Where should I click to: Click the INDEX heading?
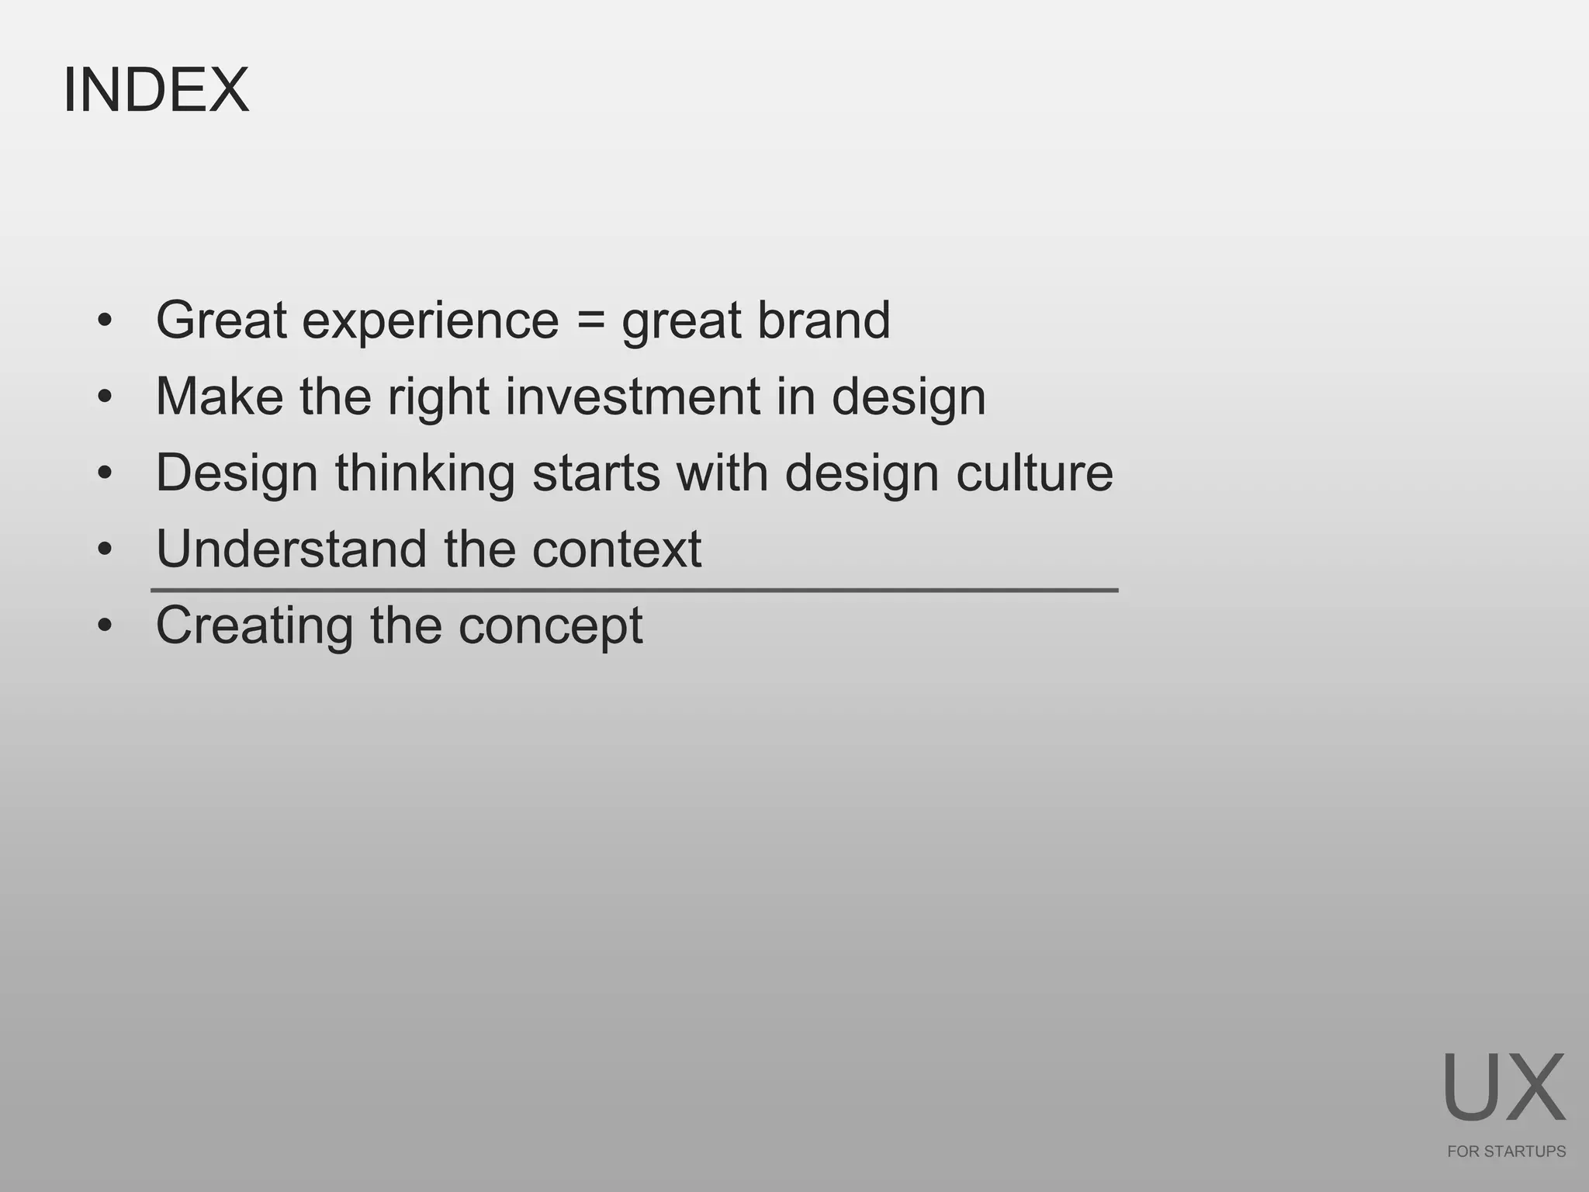point(156,90)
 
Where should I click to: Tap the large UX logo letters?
point(1504,1088)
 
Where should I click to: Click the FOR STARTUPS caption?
point(1506,1152)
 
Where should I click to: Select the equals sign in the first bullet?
point(590,321)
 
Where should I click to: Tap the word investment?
point(632,397)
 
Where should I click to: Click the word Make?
point(220,397)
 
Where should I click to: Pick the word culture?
point(1034,473)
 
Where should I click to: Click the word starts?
point(596,473)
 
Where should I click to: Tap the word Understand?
point(292,549)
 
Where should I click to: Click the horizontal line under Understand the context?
point(634,591)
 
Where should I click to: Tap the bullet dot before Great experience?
point(105,321)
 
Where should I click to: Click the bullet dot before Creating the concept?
point(105,625)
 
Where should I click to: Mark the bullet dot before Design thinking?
point(105,473)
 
